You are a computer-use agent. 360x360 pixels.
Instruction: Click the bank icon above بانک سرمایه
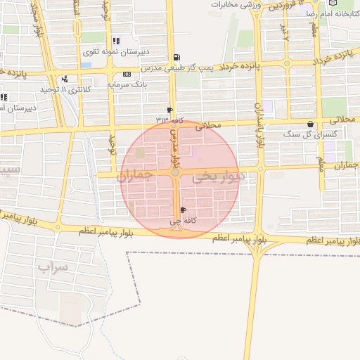pos(127,75)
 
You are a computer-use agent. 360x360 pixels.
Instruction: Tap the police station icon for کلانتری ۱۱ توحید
pos(65,79)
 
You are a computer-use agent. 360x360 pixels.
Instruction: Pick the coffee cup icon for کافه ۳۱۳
pos(169,110)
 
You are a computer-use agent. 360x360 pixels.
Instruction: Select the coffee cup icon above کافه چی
pos(184,210)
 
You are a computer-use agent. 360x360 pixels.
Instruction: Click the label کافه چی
pos(180,221)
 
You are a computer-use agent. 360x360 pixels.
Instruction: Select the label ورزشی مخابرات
pos(236,5)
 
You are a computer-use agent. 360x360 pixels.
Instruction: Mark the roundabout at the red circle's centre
pos(175,172)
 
